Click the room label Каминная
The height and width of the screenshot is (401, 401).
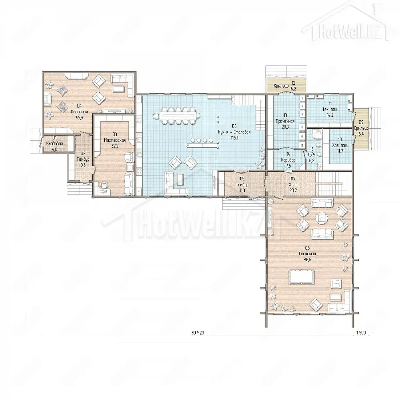[x=79, y=112]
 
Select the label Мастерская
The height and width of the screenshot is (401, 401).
[x=115, y=140]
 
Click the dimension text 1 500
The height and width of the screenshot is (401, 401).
[x=361, y=339]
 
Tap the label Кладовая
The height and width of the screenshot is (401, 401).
[x=55, y=143]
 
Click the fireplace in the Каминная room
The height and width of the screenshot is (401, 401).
[x=48, y=100]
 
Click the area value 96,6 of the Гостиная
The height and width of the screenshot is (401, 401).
[x=307, y=259]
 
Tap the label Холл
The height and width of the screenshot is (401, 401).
[x=293, y=185]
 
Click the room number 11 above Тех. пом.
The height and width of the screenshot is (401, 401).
[x=330, y=103]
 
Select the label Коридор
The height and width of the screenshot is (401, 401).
[x=288, y=160]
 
